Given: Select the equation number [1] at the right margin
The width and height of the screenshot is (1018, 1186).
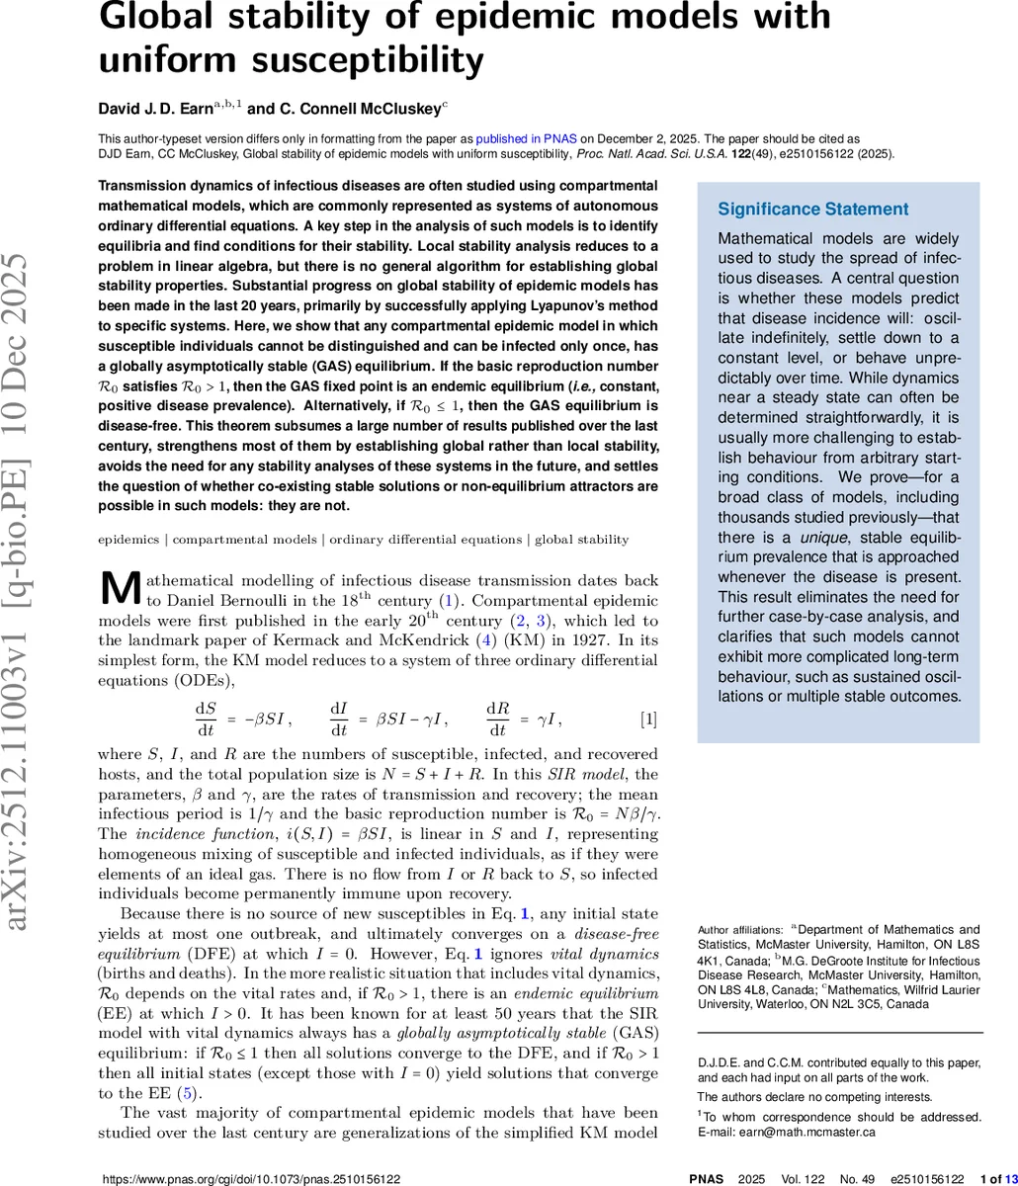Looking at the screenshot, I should click(647, 719).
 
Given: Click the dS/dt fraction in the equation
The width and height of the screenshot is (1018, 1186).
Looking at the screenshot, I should click(205, 719).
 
